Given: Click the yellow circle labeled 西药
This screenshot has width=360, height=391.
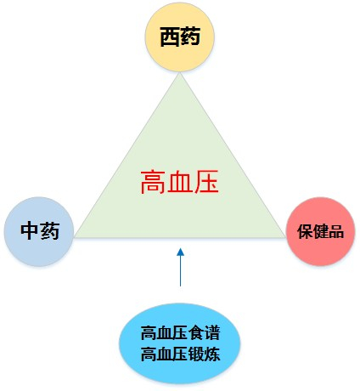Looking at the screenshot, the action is pyautogui.click(x=180, y=37).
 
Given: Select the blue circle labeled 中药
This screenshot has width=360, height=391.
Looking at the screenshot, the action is pyautogui.click(x=39, y=231).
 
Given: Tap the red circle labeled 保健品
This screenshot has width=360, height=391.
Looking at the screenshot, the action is pyautogui.click(x=320, y=231).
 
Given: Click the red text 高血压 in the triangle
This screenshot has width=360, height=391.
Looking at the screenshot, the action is pyautogui.click(x=180, y=182).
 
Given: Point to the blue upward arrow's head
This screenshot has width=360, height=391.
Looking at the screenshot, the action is pyautogui.click(x=180, y=252).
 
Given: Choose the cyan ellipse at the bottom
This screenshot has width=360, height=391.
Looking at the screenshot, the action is pyautogui.click(x=180, y=343).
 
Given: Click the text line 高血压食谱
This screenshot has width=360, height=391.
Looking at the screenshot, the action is pyautogui.click(x=180, y=332).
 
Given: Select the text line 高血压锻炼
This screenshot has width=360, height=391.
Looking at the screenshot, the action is pyautogui.click(x=180, y=354).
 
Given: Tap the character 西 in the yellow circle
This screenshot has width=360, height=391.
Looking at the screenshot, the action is pyautogui.click(x=170, y=37).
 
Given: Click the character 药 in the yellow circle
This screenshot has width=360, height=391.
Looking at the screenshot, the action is pyautogui.click(x=190, y=37).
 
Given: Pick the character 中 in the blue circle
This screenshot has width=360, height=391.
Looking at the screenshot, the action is pyautogui.click(x=30, y=231).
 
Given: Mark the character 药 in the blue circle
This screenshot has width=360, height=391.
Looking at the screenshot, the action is pyautogui.click(x=50, y=231).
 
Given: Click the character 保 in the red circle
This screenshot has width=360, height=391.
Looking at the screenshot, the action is pyautogui.click(x=305, y=231).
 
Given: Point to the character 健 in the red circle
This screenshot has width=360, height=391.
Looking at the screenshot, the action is pyautogui.click(x=320, y=231).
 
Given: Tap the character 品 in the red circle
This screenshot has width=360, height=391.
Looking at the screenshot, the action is pyautogui.click(x=336, y=231).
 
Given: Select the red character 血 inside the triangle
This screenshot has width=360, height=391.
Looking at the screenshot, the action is pyautogui.click(x=180, y=182).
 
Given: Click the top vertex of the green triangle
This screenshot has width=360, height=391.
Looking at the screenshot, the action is pyautogui.click(x=180, y=73).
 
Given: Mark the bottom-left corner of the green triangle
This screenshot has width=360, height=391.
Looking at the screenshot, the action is pyautogui.click(x=75, y=237).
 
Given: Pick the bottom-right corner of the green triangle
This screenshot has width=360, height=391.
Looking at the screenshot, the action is pyautogui.click(x=284, y=237).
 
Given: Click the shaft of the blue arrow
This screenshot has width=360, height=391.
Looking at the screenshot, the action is pyautogui.click(x=180, y=271).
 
